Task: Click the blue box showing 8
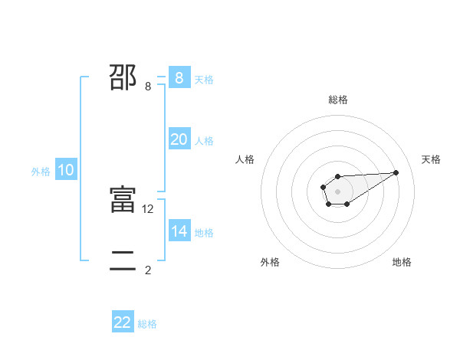179,78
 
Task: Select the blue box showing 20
179,139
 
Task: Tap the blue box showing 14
179,231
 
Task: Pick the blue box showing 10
65,171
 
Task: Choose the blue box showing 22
123,322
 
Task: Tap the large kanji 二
123,261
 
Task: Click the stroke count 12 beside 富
148,209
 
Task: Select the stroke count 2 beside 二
148,270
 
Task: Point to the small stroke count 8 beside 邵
148,87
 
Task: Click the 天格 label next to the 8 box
204,80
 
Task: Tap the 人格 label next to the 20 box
204,141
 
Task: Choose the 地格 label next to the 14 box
204,233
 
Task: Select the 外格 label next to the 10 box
41,172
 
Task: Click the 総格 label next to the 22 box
147,324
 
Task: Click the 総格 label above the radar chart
338,100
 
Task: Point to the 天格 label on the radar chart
431,159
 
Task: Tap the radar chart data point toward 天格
396,172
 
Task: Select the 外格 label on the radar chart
270,262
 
